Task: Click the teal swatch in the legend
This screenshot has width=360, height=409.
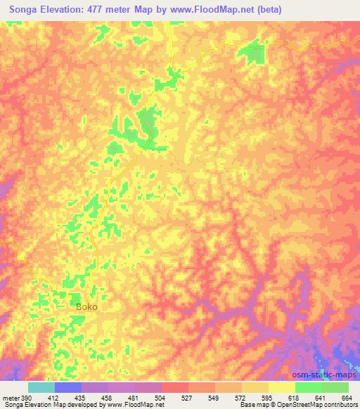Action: [41, 387]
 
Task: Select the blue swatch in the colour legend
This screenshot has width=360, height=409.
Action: [68, 387]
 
